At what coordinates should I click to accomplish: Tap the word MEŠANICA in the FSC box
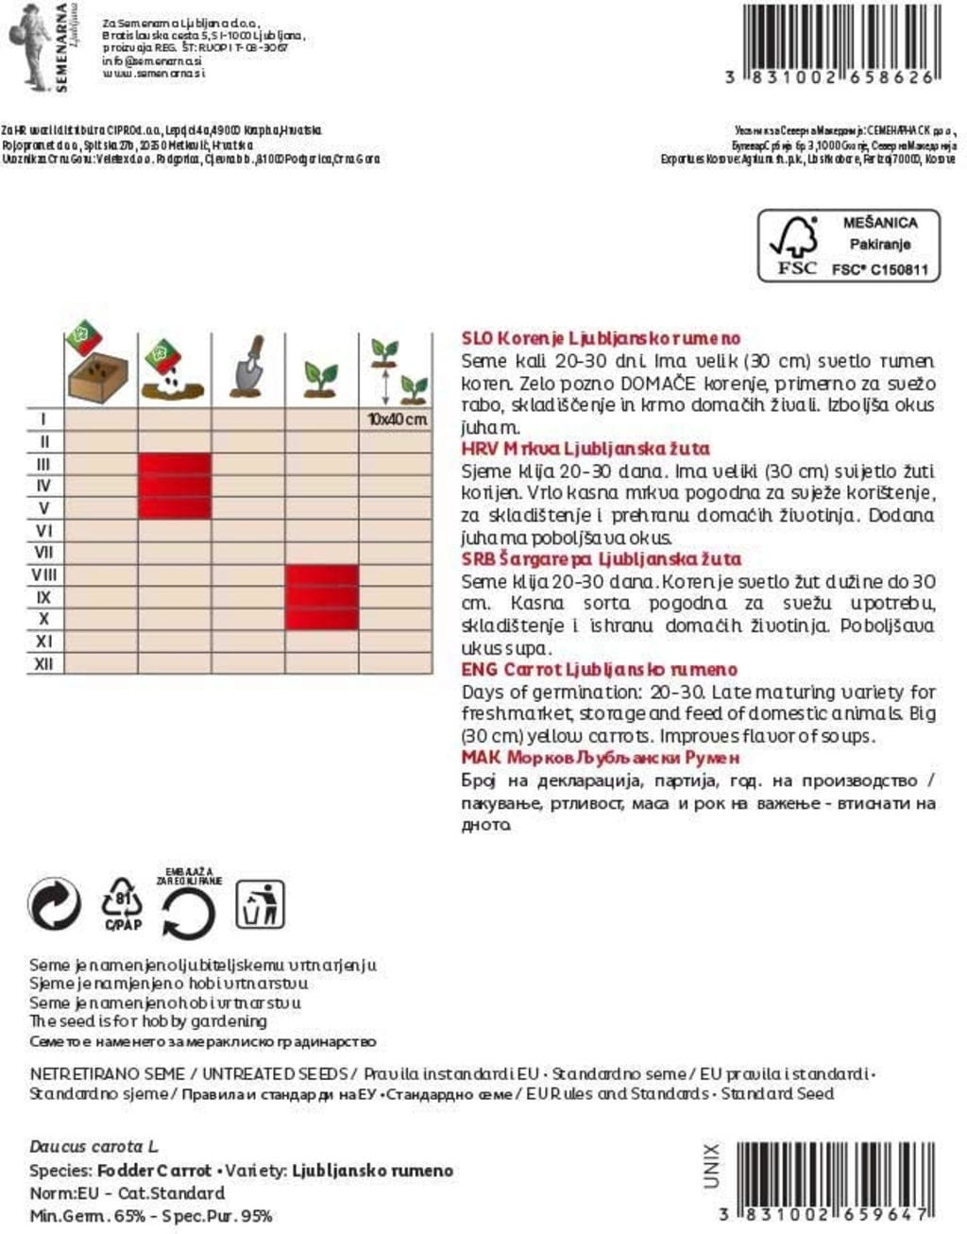879,223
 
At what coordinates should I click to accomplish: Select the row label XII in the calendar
43,663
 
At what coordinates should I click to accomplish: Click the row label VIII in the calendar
43,574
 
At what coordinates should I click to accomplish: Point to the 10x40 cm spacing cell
397,419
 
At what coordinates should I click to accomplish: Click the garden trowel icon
247,368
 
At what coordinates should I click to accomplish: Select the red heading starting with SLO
601,338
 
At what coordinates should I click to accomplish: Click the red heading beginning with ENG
599,670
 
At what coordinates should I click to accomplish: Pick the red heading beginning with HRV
585,449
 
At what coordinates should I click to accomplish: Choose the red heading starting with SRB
601,559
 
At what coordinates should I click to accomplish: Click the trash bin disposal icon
259,904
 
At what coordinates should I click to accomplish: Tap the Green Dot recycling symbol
55,905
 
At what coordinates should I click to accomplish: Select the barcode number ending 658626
830,77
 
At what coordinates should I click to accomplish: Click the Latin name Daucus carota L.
93,1147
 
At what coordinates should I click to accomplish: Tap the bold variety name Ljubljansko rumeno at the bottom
372,1171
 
